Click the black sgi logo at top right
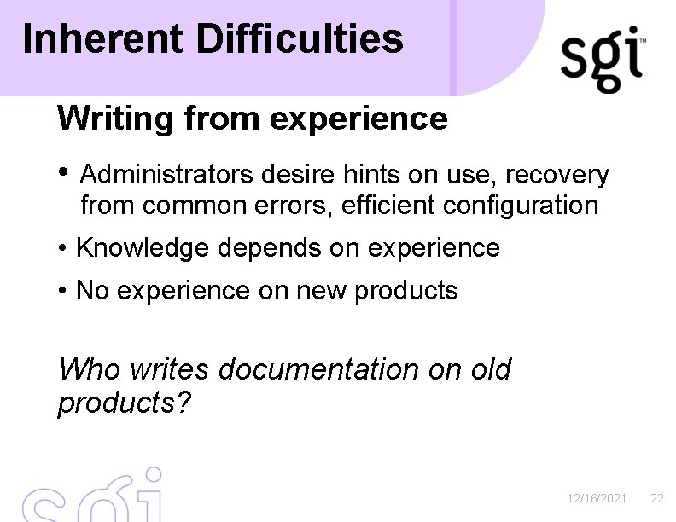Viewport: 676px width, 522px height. coord(603,60)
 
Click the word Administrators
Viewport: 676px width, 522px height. coord(166,175)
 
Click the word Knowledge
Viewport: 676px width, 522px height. coord(142,248)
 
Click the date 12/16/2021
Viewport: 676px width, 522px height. coord(597,498)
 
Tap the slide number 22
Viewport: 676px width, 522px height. coord(656,498)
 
